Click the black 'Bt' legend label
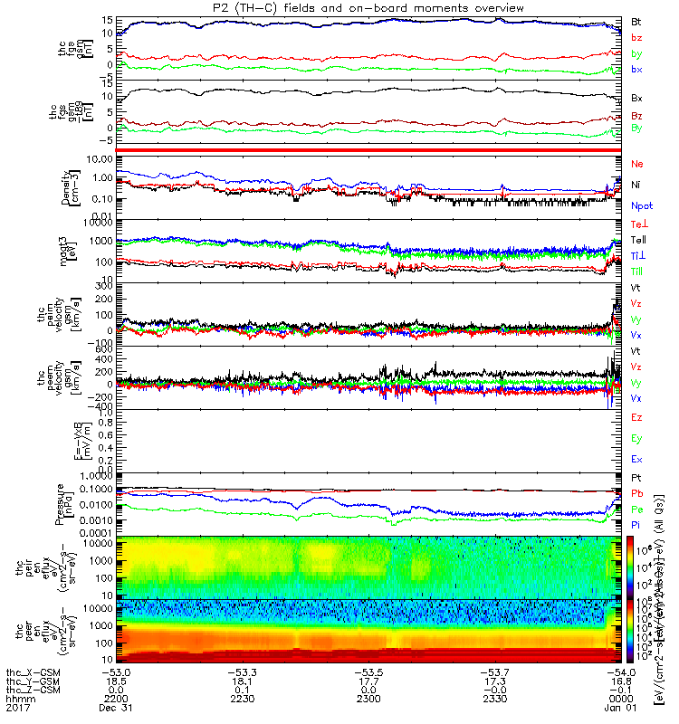point(637,20)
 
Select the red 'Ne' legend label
point(637,164)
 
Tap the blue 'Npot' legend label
point(642,205)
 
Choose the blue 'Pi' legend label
point(637,524)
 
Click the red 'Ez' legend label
point(637,417)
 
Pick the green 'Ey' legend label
point(637,438)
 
